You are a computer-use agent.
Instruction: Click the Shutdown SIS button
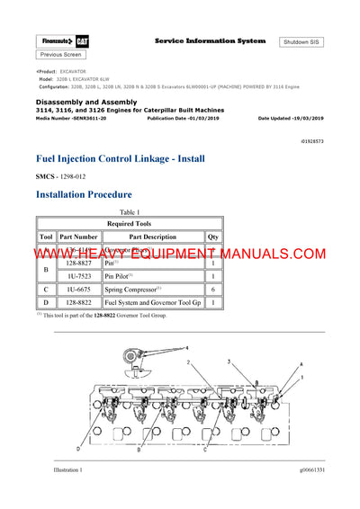pyautogui.click(x=301, y=42)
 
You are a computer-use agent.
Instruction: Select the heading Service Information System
pyautogui.click(x=210, y=41)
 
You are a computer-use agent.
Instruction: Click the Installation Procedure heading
pyautogui.click(x=85, y=193)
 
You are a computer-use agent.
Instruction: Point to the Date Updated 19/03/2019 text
pyautogui.click(x=295, y=119)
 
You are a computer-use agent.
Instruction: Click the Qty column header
pyautogui.click(x=212, y=237)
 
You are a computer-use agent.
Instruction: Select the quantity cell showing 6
pyautogui.click(x=212, y=290)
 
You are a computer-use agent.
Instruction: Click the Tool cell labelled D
pyautogui.click(x=46, y=303)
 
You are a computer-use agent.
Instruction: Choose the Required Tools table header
pyautogui.click(x=130, y=223)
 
